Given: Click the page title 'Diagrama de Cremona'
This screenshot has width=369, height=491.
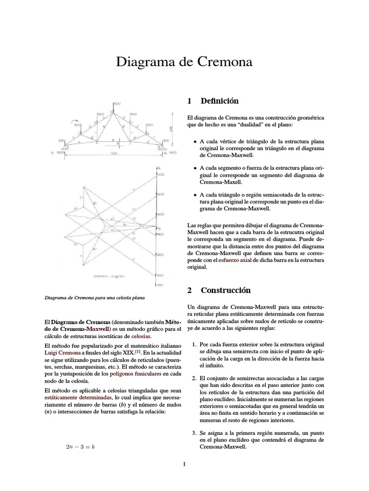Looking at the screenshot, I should (184, 62).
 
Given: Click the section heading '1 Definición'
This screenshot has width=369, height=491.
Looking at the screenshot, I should (212, 101).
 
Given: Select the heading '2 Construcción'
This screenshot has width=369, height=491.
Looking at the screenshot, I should (219, 290).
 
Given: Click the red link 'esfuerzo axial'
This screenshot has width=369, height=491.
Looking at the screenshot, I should (235, 260).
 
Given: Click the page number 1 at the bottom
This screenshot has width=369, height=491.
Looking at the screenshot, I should (184, 464).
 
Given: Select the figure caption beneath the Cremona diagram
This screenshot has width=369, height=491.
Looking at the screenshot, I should (94, 298).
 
